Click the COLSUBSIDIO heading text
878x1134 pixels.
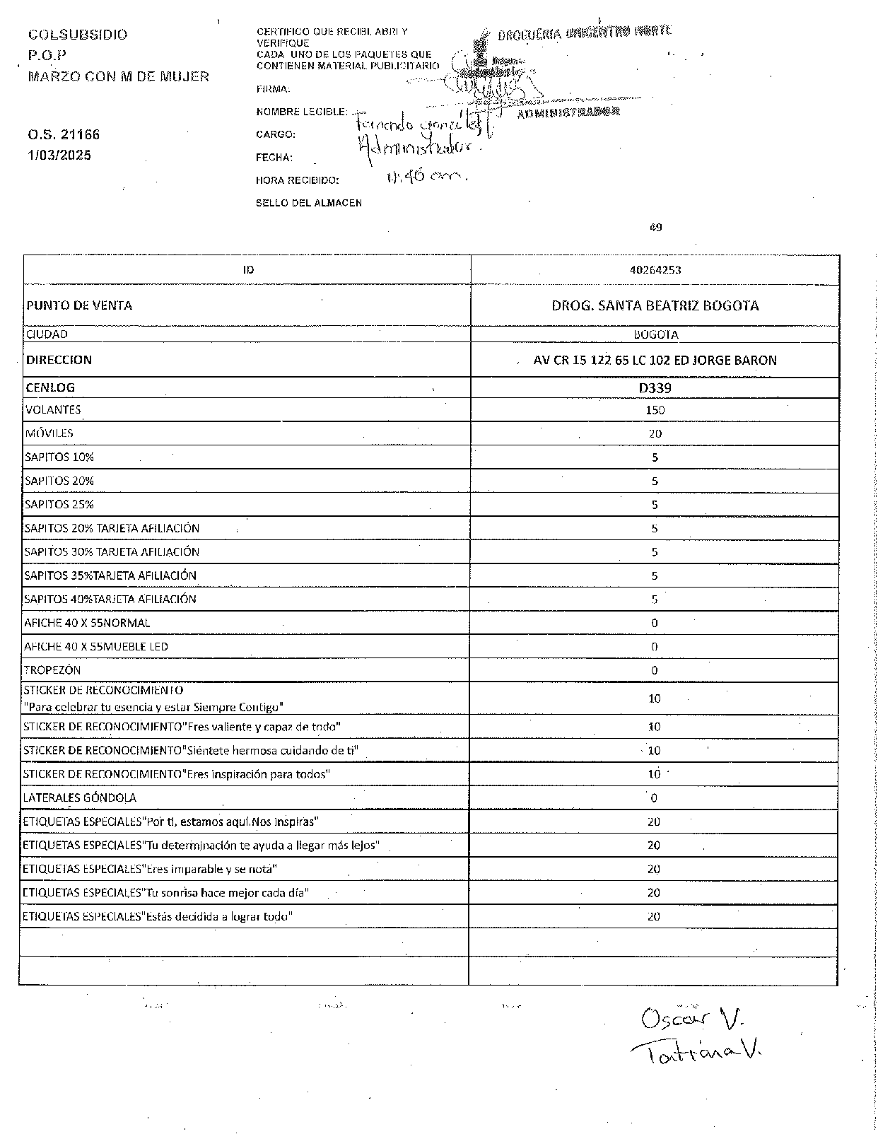tap(78, 35)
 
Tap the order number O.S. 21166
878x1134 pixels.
tap(64, 134)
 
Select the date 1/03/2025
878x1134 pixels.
tap(59, 156)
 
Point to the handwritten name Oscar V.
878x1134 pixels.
tap(685, 1019)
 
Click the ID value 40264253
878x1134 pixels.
tap(655, 269)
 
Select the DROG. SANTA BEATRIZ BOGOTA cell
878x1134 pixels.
tap(655, 305)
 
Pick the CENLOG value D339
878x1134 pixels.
tap(655, 387)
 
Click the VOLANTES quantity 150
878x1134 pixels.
tap(655, 410)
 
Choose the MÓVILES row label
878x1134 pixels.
tap(49, 433)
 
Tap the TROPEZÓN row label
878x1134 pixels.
tap(53, 670)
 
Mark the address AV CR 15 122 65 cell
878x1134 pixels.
tap(655, 360)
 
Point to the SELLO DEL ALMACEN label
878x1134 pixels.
tap(308, 203)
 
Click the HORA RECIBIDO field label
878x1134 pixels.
tap(297, 180)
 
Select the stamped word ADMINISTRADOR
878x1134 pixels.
tap(568, 112)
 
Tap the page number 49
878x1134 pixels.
tap(655, 227)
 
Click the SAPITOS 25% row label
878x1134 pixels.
tap(59, 504)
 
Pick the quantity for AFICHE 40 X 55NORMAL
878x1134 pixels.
tap(655, 623)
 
